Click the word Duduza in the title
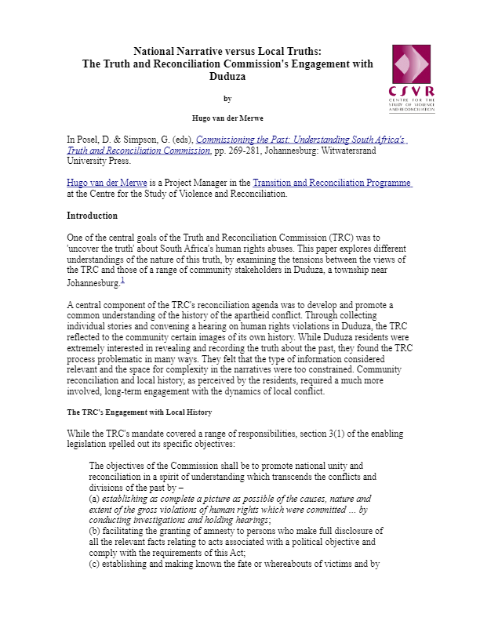pyautogui.click(x=227, y=77)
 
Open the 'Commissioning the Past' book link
pyautogui.click(x=301, y=139)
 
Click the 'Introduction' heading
pyautogui.click(x=92, y=216)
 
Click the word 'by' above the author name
pyautogui.click(x=227, y=98)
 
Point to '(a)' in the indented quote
pyautogui.click(x=96, y=498)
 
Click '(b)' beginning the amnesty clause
pyautogui.click(x=96, y=531)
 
